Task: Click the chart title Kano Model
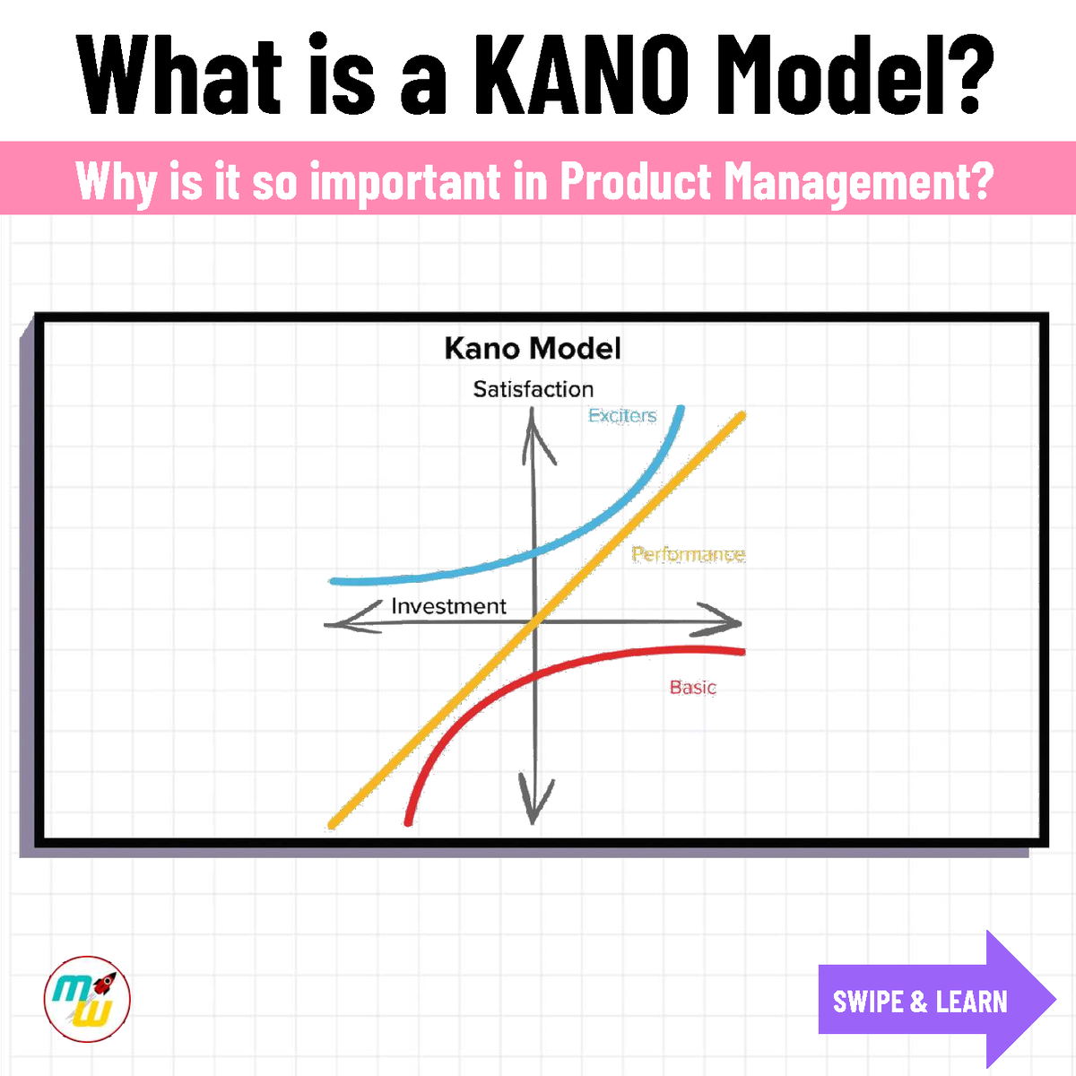[533, 349]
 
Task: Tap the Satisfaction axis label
[534, 389]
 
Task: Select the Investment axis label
[448, 606]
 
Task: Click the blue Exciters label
[622, 415]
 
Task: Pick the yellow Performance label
[688, 554]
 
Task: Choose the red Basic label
[693, 688]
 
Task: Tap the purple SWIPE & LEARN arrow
[933, 1000]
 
